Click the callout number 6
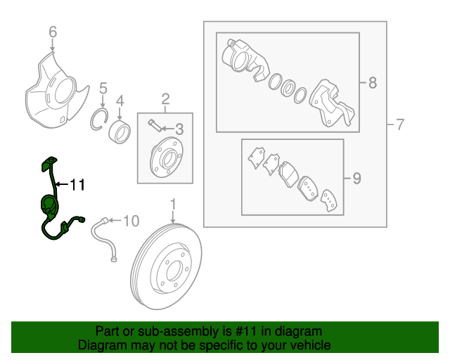click(x=53, y=32)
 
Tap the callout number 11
click(x=77, y=185)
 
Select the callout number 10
click(x=132, y=222)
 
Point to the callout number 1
click(x=172, y=205)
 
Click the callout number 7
click(x=399, y=125)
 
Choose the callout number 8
click(x=372, y=83)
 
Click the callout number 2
click(x=165, y=98)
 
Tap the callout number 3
click(x=179, y=129)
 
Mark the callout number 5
click(x=103, y=89)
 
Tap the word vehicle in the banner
click(x=307, y=345)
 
